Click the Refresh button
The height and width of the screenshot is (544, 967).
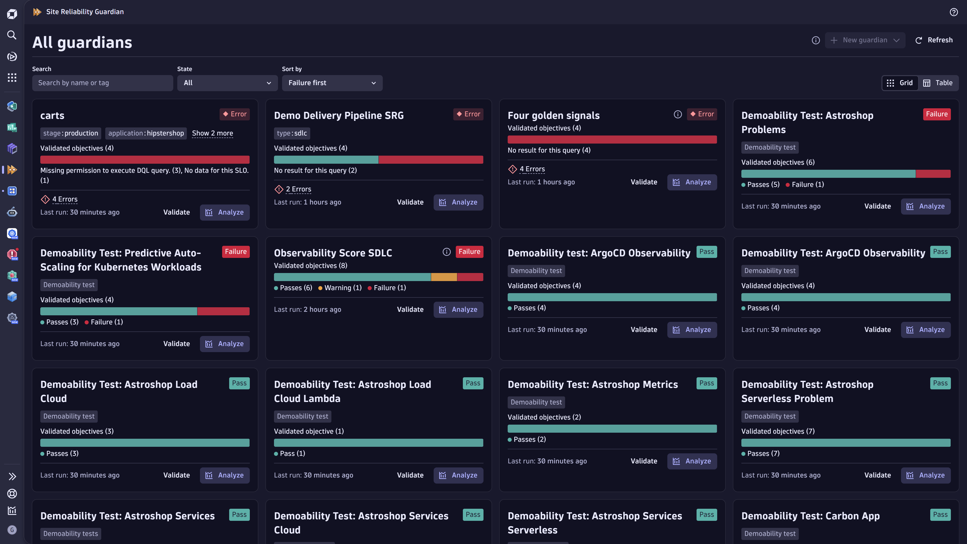934,40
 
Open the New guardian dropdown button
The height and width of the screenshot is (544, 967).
865,40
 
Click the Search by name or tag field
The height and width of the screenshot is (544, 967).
102,83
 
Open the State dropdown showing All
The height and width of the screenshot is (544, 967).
227,83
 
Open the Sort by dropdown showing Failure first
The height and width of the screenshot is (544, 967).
332,83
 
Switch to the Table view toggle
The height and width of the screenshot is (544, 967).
938,83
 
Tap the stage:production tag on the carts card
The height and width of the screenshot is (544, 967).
71,133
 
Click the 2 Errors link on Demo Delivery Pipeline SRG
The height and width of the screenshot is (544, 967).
298,189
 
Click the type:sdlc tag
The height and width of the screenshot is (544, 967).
292,133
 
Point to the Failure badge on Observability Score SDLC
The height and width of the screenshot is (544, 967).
469,252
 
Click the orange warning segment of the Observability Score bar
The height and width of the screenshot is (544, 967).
444,277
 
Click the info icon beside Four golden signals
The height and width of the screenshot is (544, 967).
678,114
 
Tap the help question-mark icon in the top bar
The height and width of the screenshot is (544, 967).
953,12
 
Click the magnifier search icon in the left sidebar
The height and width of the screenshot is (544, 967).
12,35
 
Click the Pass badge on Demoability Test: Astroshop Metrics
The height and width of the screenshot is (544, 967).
706,383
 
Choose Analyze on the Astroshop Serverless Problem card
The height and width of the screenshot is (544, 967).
925,475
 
